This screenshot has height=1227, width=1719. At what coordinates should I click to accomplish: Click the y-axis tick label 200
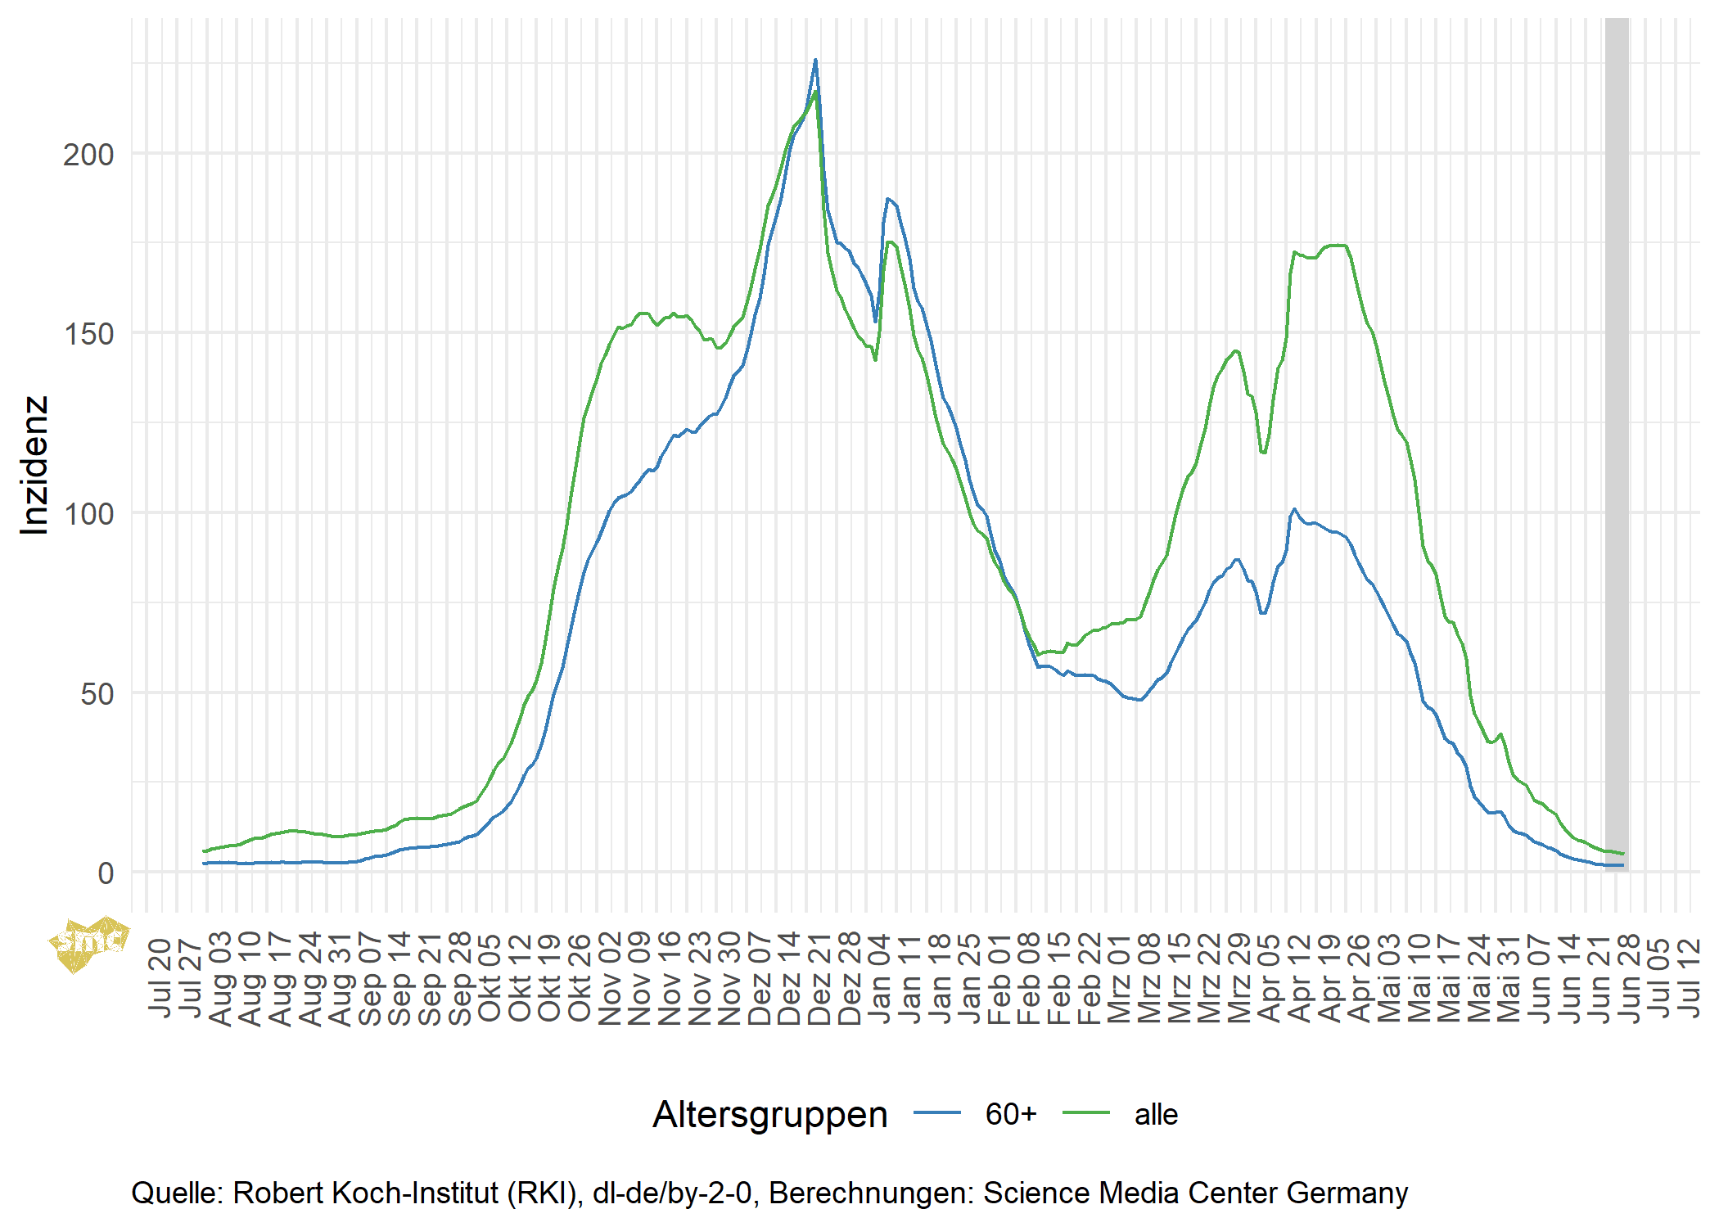[88, 154]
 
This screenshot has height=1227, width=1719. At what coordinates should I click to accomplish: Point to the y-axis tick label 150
[88, 333]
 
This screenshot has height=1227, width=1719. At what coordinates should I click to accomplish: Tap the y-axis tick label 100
[88, 513]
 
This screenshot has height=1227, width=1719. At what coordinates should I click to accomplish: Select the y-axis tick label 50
[96, 693]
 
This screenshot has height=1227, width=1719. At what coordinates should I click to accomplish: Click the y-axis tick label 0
[105, 873]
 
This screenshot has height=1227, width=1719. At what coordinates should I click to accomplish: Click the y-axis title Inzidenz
[34, 465]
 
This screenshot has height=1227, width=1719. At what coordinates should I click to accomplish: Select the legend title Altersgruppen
[769, 1114]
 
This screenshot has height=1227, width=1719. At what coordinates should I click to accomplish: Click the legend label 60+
[1011, 1114]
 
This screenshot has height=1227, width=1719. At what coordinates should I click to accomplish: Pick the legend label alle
[1156, 1114]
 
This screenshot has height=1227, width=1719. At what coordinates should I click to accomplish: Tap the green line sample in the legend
[1086, 1112]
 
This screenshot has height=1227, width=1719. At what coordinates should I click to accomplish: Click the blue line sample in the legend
[937, 1112]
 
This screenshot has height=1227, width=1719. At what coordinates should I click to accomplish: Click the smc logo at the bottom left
[88, 944]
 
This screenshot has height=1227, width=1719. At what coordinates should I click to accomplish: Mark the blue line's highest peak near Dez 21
[814, 61]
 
